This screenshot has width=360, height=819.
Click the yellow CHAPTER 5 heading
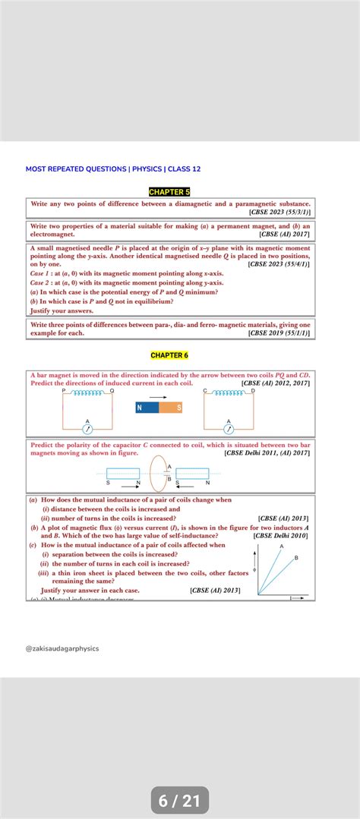pyautogui.click(x=170, y=192)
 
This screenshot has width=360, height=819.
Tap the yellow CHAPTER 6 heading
pyautogui.click(x=169, y=355)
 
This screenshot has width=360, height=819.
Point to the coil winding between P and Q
pyautogui.click(x=87, y=393)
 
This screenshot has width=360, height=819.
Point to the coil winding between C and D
pyautogui.click(x=229, y=393)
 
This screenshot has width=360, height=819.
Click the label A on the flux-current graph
pyautogui.click(x=282, y=547)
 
